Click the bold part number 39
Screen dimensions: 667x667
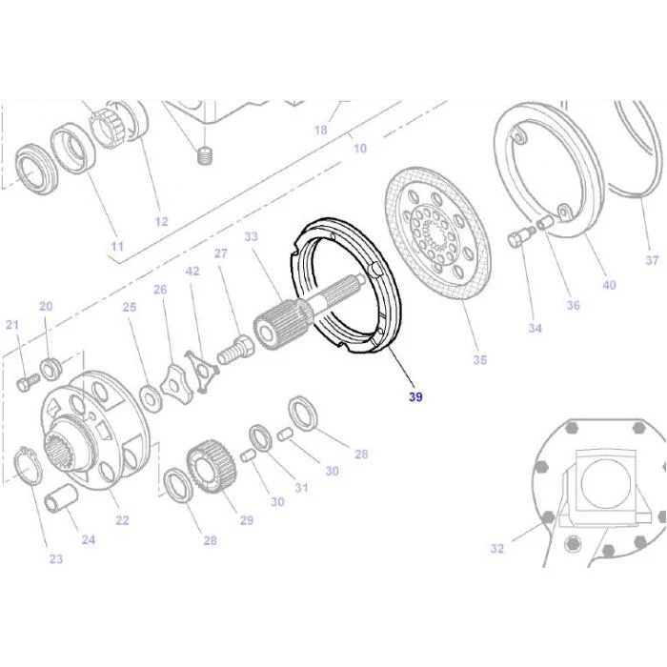click(415, 397)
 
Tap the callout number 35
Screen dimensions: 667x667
click(480, 360)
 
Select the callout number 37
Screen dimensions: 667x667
click(652, 260)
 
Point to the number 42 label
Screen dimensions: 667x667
click(192, 271)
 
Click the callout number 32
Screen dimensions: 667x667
click(496, 548)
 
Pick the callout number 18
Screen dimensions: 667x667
click(321, 130)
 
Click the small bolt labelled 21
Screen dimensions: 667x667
click(28, 382)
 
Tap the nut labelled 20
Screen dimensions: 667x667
click(50, 369)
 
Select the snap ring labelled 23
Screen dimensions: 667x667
click(28, 466)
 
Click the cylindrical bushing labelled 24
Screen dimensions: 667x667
click(61, 497)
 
